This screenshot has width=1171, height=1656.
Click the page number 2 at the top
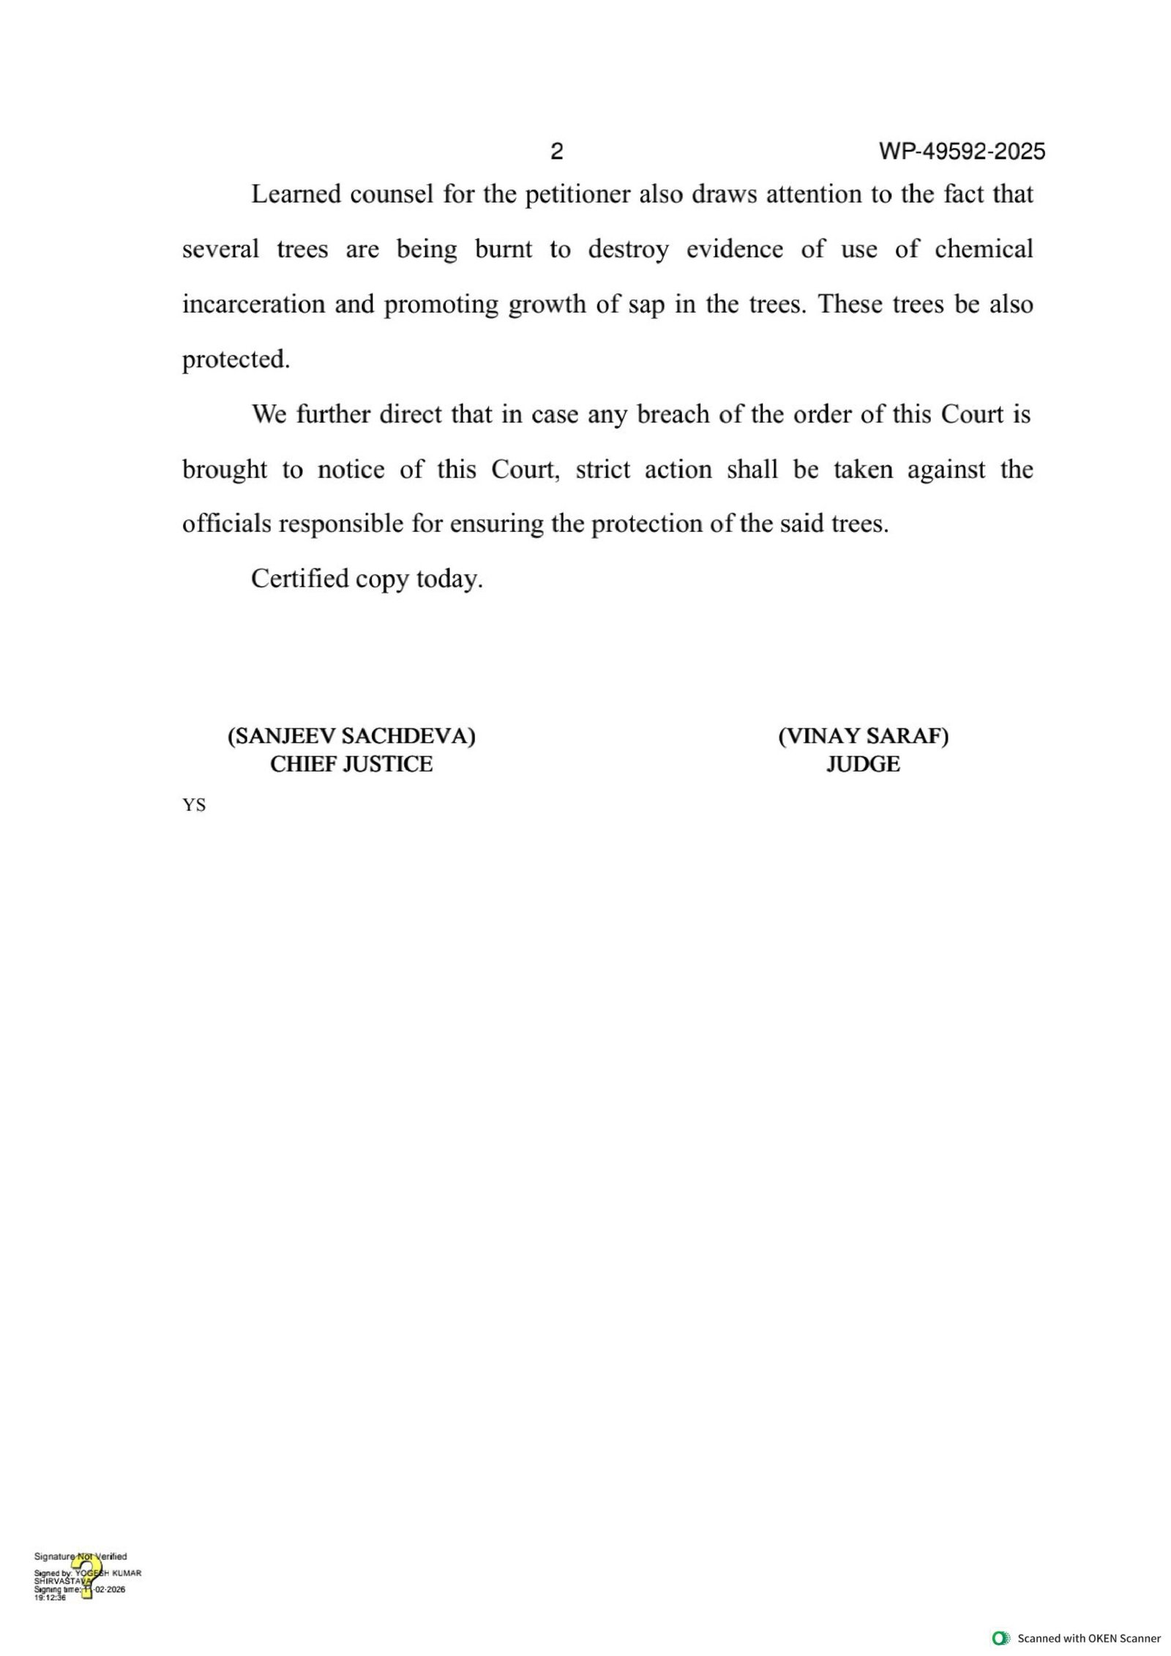[556, 151]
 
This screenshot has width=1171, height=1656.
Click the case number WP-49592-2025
[962, 151]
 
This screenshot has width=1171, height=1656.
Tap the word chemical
[984, 250]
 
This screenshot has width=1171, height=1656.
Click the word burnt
[504, 250]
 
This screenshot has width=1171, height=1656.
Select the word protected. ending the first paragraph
[236, 360]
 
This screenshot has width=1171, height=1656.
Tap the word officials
[226, 525]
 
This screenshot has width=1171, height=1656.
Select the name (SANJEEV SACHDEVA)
[351, 736]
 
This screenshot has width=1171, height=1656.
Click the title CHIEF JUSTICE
[351, 765]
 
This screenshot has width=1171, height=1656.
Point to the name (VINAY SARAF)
[863, 736]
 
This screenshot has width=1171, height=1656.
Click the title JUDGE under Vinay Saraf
[863, 765]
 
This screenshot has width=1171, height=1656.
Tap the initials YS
[194, 806]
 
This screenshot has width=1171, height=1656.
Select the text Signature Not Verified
[81, 1556]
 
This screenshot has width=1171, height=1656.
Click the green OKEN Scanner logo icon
[1000, 1638]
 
